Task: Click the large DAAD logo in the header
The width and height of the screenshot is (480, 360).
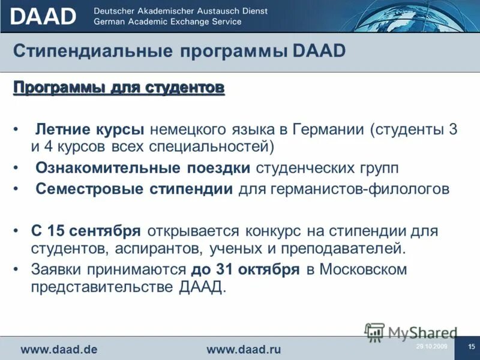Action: coord(43,16)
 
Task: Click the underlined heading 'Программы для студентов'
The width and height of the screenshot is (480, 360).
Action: coord(119,88)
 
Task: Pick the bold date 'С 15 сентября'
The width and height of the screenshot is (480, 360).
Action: coord(86,231)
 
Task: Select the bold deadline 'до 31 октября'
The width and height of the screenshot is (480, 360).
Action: coord(245,269)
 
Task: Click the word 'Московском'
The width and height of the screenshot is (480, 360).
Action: coord(363,269)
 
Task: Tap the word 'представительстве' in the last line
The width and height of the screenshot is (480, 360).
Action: coord(103,287)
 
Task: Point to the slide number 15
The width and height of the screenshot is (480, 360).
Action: coord(471,347)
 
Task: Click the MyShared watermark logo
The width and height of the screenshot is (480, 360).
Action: coord(412,332)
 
